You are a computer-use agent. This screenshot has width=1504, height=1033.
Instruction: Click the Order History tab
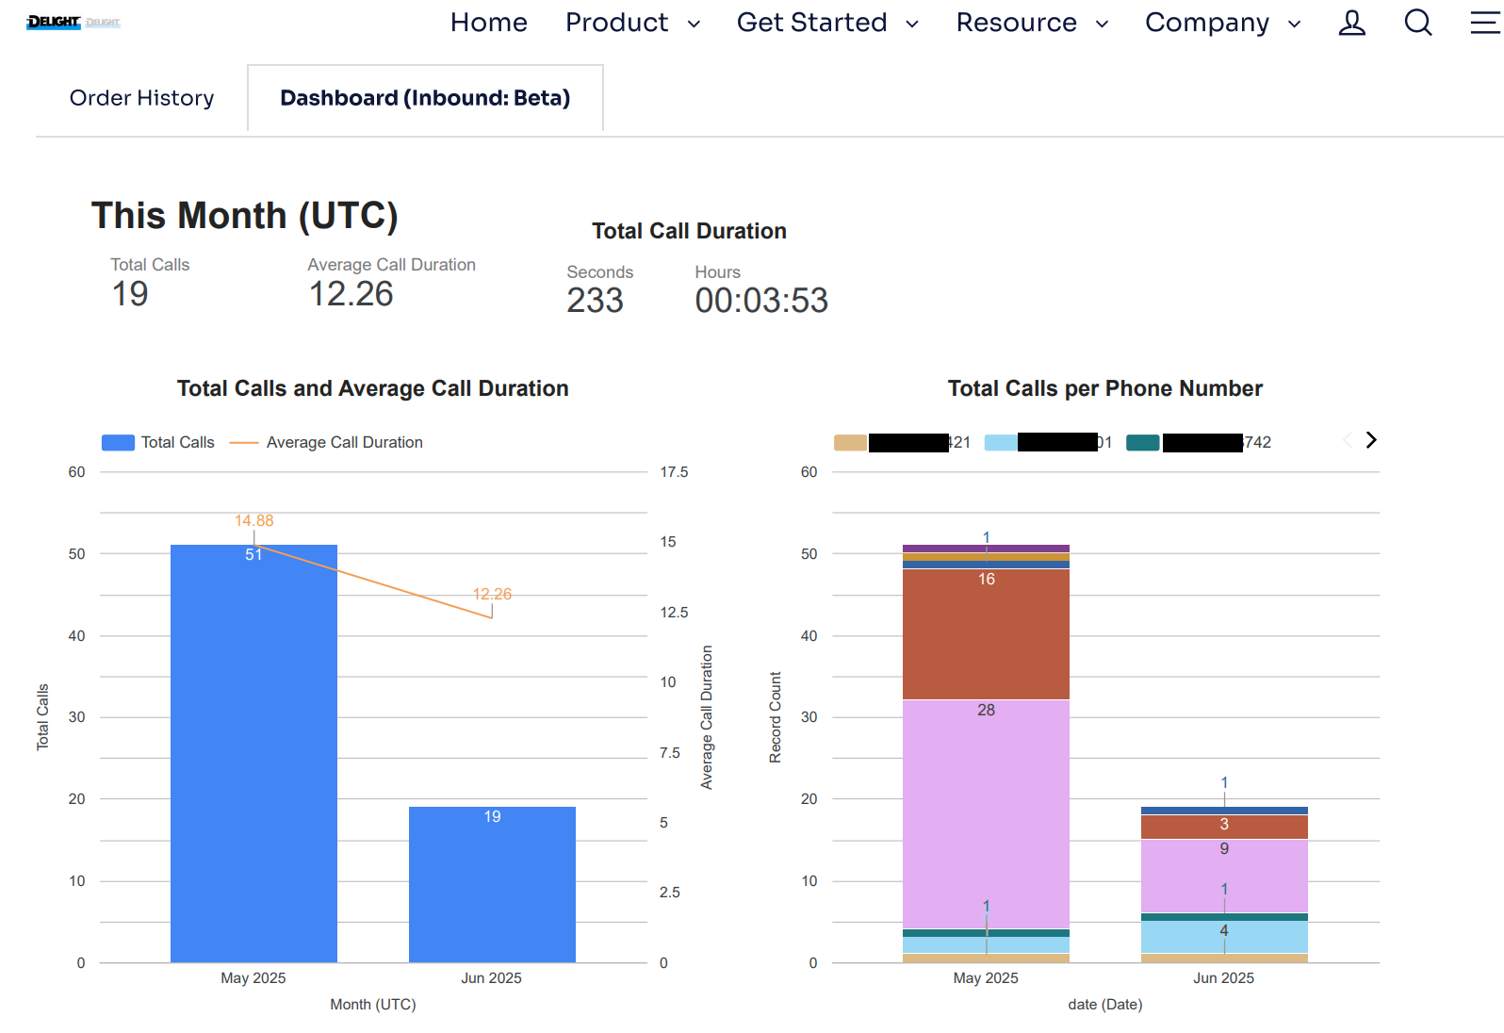pyautogui.click(x=141, y=98)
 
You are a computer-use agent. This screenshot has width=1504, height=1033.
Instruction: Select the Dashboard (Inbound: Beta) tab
pyautogui.click(x=425, y=98)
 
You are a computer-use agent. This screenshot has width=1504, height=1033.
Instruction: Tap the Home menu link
pyautogui.click(x=488, y=23)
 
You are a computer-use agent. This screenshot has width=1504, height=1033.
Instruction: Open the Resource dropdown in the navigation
pyautogui.click(x=1031, y=23)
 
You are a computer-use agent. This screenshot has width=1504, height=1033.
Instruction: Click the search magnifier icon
pyautogui.click(x=1417, y=23)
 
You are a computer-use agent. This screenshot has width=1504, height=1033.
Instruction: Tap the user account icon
pyautogui.click(x=1351, y=23)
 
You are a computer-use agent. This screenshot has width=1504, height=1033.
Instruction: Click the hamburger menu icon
pyautogui.click(x=1484, y=23)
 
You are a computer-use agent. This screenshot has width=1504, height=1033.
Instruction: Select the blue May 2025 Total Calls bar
pyautogui.click(x=253, y=754)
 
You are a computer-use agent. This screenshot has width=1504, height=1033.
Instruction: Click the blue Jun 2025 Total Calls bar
pyautogui.click(x=492, y=886)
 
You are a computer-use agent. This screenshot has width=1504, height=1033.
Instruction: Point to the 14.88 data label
pyautogui.click(x=253, y=520)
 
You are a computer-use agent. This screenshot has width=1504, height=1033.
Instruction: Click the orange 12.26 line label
pyautogui.click(x=492, y=594)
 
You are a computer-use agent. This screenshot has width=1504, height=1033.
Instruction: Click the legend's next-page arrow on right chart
pyautogui.click(x=1371, y=440)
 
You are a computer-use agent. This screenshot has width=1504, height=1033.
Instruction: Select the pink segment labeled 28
pyautogui.click(x=986, y=811)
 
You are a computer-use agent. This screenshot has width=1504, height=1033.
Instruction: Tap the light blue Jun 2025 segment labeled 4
pyautogui.click(x=1223, y=937)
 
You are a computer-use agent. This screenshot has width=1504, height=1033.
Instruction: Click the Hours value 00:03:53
pyautogui.click(x=760, y=301)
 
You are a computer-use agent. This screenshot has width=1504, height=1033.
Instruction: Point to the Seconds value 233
pyautogui.click(x=595, y=301)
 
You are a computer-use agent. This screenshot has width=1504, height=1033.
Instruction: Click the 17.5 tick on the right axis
pyautogui.click(x=673, y=472)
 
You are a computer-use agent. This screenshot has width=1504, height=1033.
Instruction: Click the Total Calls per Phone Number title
pyautogui.click(x=1104, y=388)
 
